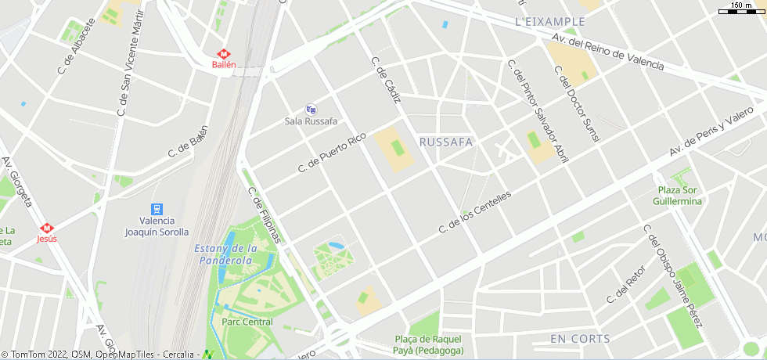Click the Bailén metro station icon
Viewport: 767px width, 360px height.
224,54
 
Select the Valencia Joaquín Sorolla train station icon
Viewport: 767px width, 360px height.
157,209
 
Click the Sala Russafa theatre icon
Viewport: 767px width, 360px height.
311,110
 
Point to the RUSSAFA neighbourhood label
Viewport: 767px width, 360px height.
446,142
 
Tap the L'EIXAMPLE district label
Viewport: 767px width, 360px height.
550,21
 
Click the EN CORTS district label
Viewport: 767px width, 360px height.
580,338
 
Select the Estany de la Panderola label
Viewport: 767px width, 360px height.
225,254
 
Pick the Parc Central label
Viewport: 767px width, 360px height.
247,322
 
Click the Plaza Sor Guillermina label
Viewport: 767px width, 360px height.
678,196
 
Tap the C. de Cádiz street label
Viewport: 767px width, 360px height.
386,81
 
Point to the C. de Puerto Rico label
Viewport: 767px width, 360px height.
332,153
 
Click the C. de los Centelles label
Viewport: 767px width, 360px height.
475,212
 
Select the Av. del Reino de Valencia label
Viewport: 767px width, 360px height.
607,52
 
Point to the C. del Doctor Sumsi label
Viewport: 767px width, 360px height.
577,103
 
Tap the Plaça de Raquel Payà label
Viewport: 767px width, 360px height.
427,344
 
